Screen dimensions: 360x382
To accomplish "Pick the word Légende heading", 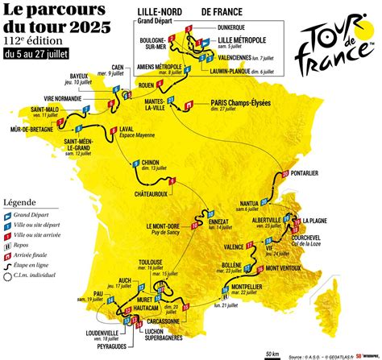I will coord(19,201).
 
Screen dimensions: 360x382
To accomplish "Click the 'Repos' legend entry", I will coord(35,239).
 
